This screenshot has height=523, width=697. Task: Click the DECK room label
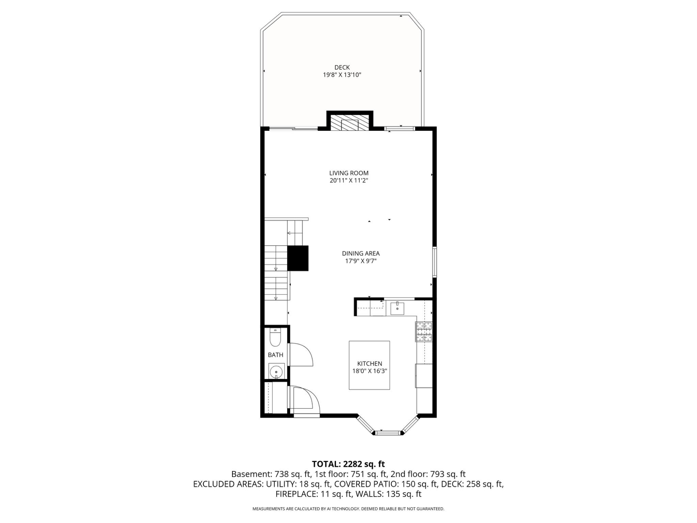point(342,67)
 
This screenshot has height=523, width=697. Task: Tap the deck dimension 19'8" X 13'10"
point(342,75)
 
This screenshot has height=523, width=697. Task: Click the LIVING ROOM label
point(348,173)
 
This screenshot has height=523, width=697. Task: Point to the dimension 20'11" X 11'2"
point(348,180)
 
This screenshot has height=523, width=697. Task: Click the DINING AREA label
point(360,253)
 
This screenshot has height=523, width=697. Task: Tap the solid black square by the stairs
point(298,258)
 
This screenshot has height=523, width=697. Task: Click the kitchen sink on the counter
point(397,308)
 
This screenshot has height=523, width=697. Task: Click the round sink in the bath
point(276,371)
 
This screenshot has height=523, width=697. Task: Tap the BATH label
point(275,355)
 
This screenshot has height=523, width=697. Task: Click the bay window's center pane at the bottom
point(389,433)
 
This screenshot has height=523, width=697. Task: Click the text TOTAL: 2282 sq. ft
point(348,464)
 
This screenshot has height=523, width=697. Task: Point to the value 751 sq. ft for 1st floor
point(369,474)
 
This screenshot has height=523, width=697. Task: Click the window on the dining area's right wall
point(435,262)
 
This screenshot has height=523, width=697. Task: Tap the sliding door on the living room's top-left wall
point(293,128)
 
